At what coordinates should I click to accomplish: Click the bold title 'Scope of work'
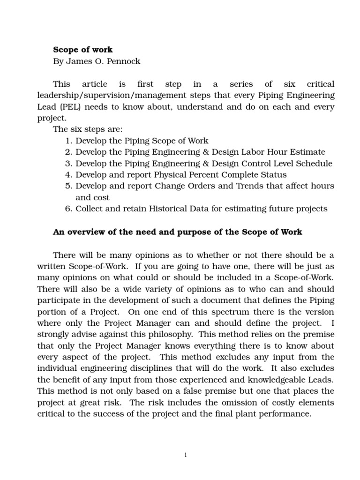[82, 49]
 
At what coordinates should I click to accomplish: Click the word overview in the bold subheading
[86, 232]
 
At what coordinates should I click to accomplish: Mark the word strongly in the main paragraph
[55, 335]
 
